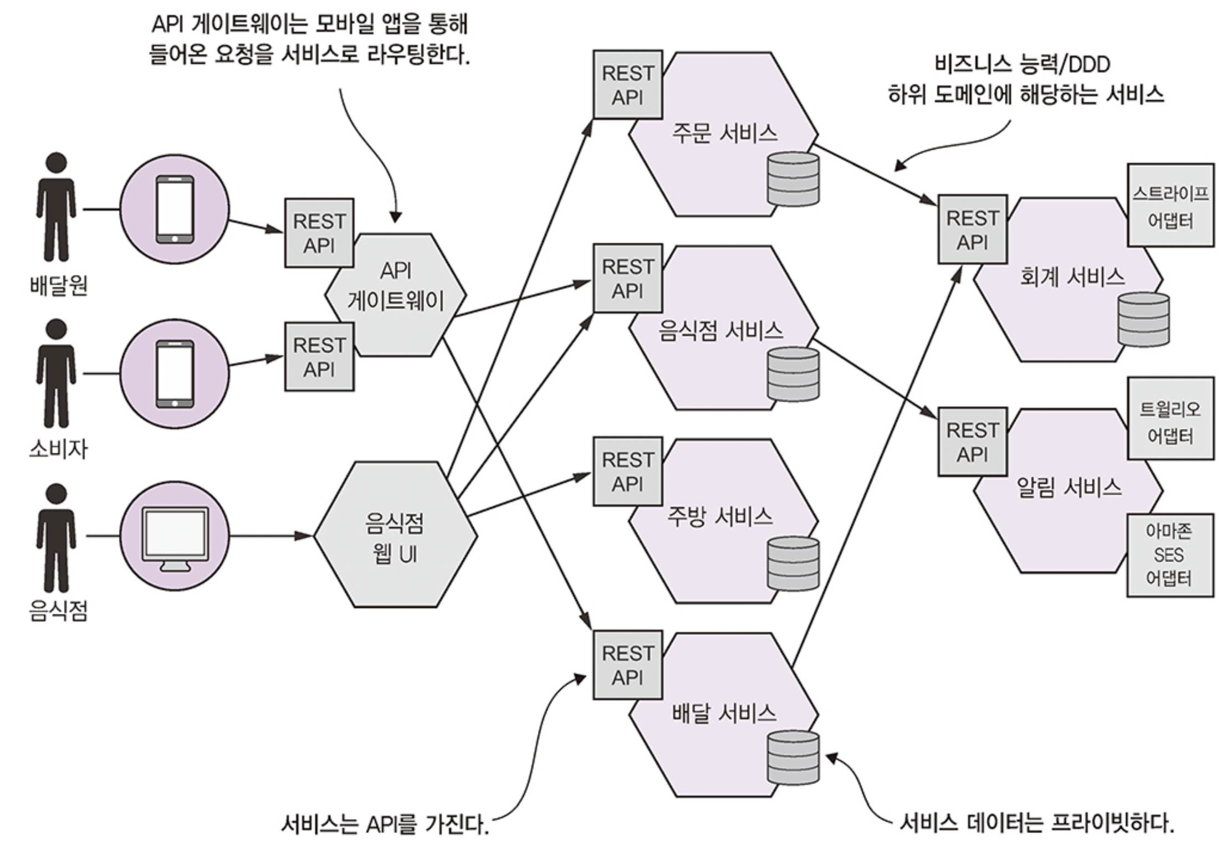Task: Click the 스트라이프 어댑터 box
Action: pyautogui.click(x=1170, y=205)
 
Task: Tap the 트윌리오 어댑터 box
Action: pyautogui.click(x=1170, y=419)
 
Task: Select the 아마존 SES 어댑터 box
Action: pyautogui.click(x=1169, y=555)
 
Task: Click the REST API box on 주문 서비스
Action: pyautogui.click(x=627, y=85)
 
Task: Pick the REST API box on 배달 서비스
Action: pyautogui.click(x=627, y=665)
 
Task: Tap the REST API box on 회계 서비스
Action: pyautogui.click(x=972, y=229)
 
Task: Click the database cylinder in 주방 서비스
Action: pyautogui.click(x=793, y=563)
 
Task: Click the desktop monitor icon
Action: pyautogui.click(x=175, y=539)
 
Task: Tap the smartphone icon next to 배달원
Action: pyautogui.click(x=175, y=209)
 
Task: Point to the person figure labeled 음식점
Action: pyautogui.click(x=56, y=539)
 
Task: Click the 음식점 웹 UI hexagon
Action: pyautogui.click(x=395, y=535)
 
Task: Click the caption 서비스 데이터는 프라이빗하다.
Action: pyautogui.click(x=1036, y=823)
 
